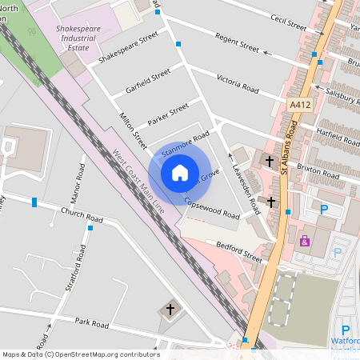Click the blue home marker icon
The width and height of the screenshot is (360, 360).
180,172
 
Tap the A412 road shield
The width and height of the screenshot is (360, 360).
300,105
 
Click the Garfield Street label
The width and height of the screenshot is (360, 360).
148,81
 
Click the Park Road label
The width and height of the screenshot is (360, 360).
91,323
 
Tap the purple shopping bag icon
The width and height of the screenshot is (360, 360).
304,240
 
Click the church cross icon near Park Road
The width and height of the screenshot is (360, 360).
169,310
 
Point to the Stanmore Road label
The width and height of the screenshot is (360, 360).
185,142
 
